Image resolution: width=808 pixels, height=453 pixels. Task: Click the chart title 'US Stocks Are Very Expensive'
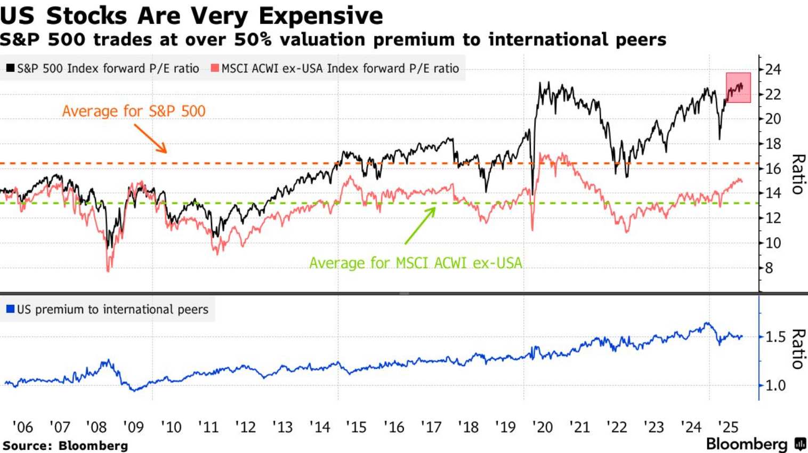coord(191,15)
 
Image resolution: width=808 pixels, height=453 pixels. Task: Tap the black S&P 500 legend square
coord(10,68)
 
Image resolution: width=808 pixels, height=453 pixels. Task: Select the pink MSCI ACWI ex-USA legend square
coord(215,68)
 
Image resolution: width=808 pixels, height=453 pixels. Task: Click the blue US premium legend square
coord(10,309)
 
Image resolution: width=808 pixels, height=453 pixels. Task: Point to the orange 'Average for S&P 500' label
coord(134,111)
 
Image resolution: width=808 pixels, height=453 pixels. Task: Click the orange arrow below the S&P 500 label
coord(151,139)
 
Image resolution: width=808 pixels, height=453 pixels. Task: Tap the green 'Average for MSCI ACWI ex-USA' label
coord(416,263)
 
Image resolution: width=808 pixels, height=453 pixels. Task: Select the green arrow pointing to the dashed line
coord(420,225)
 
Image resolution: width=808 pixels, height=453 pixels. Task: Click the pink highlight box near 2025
coord(738,87)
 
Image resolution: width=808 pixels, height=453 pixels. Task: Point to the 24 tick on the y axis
coord(773,69)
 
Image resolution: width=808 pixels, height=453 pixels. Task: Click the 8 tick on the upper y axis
coord(769,268)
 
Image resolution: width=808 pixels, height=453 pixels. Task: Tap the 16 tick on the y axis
coord(773,168)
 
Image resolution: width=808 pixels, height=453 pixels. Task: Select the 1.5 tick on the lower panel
coord(775,337)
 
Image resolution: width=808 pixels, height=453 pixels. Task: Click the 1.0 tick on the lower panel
coord(775,385)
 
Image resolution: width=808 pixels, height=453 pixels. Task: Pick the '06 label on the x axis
coord(22,427)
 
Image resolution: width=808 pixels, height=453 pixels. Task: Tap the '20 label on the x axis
coord(542,427)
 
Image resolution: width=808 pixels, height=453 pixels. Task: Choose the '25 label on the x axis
coord(728,427)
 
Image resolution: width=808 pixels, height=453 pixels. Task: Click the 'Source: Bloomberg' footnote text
coord(65,446)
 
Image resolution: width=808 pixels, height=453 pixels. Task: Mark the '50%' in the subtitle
coord(253,40)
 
